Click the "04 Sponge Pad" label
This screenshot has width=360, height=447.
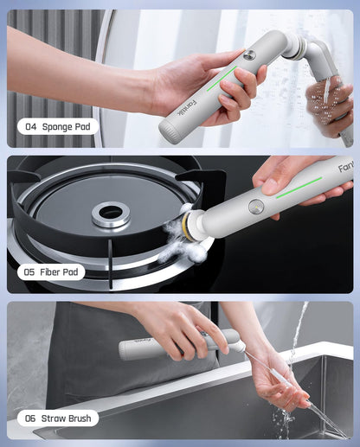[x=57, y=126]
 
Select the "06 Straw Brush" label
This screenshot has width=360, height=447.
[x=57, y=418]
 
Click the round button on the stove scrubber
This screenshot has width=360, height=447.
[x=256, y=207]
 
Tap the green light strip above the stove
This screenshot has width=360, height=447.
[x=299, y=186]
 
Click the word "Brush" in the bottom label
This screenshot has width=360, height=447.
[x=74, y=418]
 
